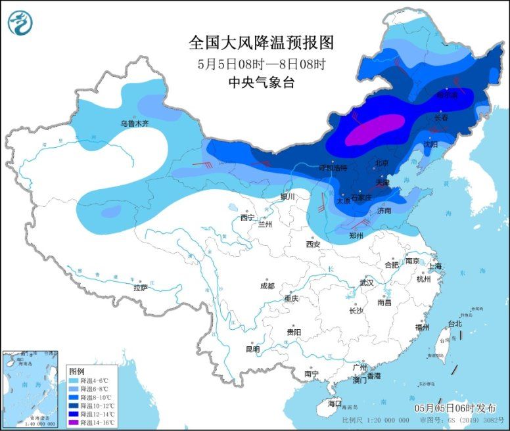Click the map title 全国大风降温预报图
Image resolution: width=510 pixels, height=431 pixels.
click(262, 43)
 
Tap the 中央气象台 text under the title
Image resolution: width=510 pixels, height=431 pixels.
click(262, 82)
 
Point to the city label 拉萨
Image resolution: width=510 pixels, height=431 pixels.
click(141, 287)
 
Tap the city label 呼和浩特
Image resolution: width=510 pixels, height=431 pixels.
click(332, 168)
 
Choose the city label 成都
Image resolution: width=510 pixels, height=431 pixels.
click(267, 286)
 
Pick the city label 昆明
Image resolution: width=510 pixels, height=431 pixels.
click(252, 349)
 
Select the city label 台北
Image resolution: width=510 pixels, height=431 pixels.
click(455, 323)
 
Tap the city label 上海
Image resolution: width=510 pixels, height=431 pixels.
click(434, 266)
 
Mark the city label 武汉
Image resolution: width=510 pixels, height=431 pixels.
click(366, 283)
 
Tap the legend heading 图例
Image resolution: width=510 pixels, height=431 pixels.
click(76, 371)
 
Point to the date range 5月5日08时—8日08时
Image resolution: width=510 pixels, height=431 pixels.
click(262, 64)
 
